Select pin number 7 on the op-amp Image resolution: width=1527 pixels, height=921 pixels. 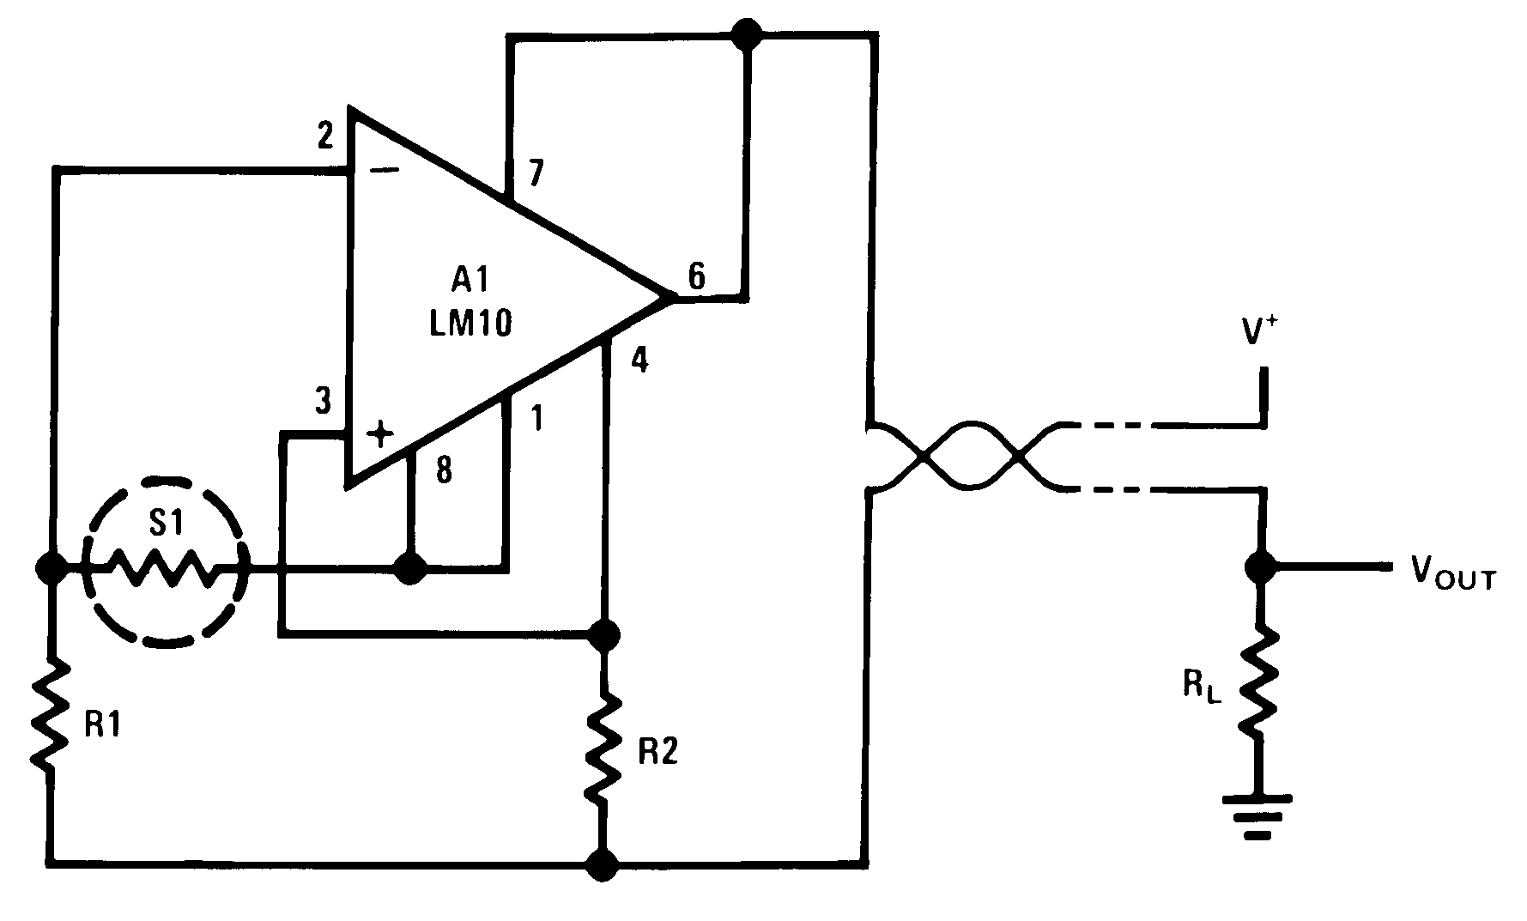tap(536, 174)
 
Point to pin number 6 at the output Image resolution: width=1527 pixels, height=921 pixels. tap(696, 276)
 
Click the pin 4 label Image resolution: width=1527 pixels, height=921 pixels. tap(639, 361)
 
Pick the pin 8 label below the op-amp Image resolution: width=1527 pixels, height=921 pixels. tap(444, 471)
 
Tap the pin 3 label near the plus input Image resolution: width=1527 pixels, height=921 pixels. tap(322, 401)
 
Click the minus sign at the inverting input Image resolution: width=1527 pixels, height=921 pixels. tap(384, 170)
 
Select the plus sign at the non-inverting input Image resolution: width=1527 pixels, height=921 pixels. tap(379, 435)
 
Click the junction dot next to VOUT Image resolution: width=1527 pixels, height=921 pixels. tap(1260, 567)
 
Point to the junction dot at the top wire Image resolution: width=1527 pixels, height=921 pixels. tap(746, 34)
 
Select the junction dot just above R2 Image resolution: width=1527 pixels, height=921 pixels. tap(604, 635)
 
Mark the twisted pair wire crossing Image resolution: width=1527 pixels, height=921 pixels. tap(970, 456)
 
